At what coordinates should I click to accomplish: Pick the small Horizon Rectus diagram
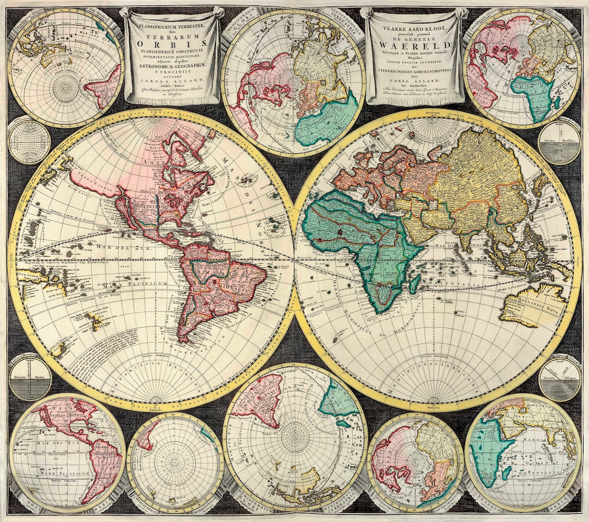coord(29,377)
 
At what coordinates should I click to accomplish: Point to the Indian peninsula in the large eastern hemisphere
coord(466,229)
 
